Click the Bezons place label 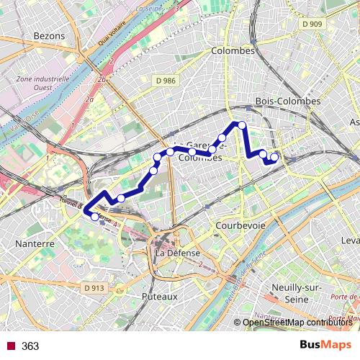[x=49, y=35]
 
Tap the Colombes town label [x=233, y=51]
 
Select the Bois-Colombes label [x=288, y=101]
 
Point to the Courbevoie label [x=240, y=225]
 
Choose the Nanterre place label [x=35, y=244]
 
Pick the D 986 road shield [x=166, y=81]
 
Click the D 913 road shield [x=94, y=288]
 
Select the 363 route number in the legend [x=30, y=346]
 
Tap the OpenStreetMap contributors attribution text [x=297, y=322]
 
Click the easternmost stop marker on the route [x=274, y=156]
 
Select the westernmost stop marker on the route [x=94, y=216]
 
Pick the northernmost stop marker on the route [x=242, y=125]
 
